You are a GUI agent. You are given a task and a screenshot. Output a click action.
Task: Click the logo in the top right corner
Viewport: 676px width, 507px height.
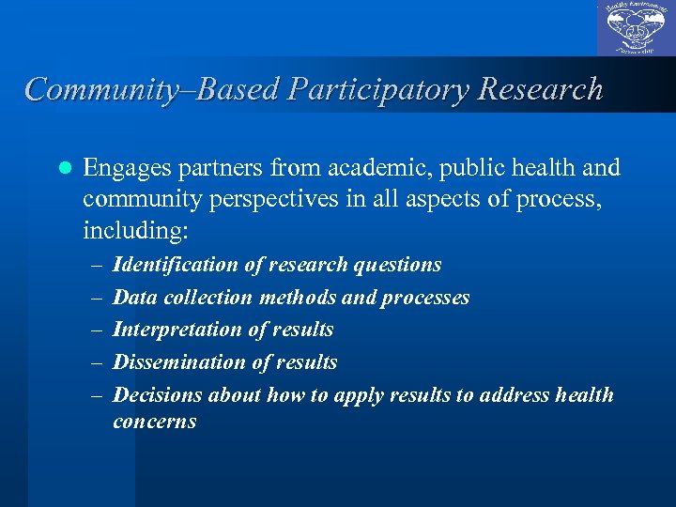636,29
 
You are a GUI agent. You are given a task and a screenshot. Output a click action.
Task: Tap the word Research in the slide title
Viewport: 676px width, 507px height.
540,89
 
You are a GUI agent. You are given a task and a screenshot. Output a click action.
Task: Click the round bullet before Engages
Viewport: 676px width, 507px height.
65,169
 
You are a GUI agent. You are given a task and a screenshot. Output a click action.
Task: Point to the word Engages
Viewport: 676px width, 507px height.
121,169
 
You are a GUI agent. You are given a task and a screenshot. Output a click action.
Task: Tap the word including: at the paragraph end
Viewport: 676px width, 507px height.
122,230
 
